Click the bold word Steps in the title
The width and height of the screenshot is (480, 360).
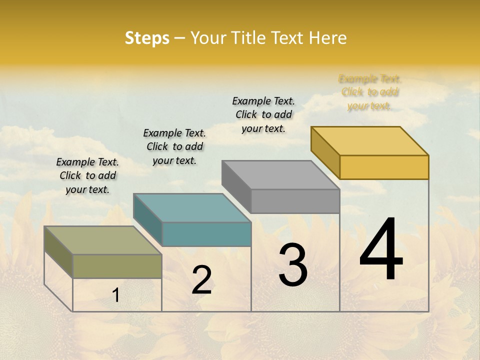(x=147, y=38)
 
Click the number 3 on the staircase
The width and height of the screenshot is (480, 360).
(x=292, y=265)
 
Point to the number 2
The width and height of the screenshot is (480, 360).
(x=201, y=280)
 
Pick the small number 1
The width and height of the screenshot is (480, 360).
(x=115, y=295)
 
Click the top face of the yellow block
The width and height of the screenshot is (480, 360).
(x=369, y=140)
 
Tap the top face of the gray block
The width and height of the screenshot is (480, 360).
(x=280, y=174)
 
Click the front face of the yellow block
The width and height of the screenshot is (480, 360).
(x=384, y=167)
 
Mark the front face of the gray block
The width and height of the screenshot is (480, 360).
(x=295, y=201)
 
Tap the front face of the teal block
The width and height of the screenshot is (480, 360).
(x=206, y=234)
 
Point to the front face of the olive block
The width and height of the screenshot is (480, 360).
(x=117, y=266)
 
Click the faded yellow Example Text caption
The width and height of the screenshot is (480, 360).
(x=369, y=92)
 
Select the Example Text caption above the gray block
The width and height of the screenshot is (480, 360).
(x=263, y=114)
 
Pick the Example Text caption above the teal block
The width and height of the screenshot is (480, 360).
(x=174, y=146)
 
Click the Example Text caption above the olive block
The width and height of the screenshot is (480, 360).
(x=87, y=175)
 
